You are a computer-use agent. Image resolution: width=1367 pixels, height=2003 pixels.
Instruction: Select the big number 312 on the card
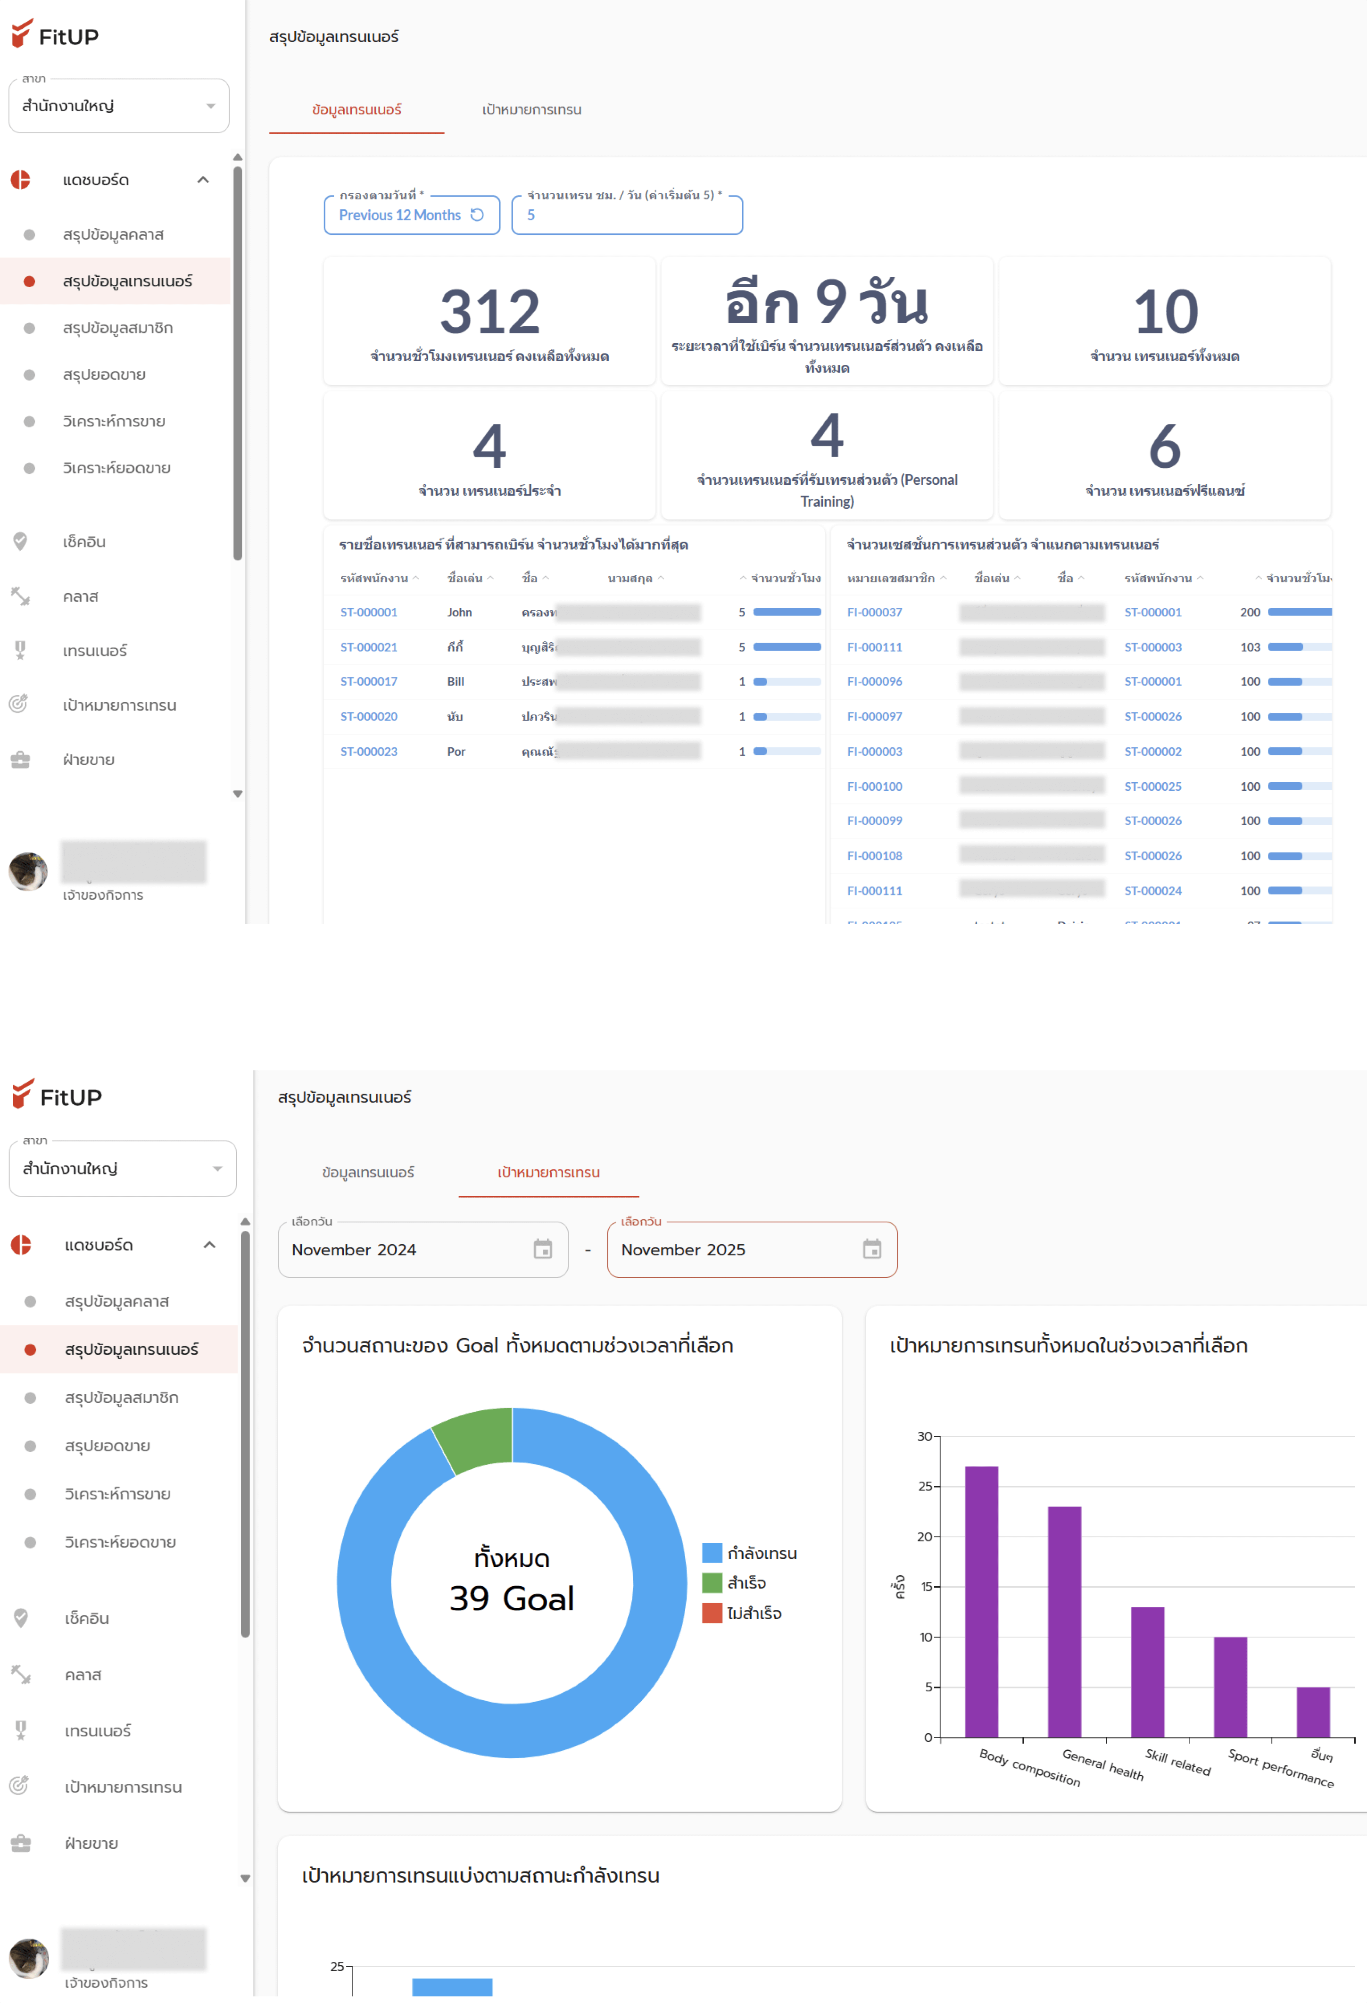[489, 311]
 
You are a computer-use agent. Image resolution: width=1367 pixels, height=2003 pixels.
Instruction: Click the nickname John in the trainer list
[459, 612]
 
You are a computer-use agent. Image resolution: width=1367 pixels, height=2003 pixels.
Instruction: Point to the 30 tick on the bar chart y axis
[924, 1436]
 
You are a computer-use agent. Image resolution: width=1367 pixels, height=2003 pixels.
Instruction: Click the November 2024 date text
[353, 1250]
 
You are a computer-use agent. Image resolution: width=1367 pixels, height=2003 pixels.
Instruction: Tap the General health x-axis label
[1102, 1764]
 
